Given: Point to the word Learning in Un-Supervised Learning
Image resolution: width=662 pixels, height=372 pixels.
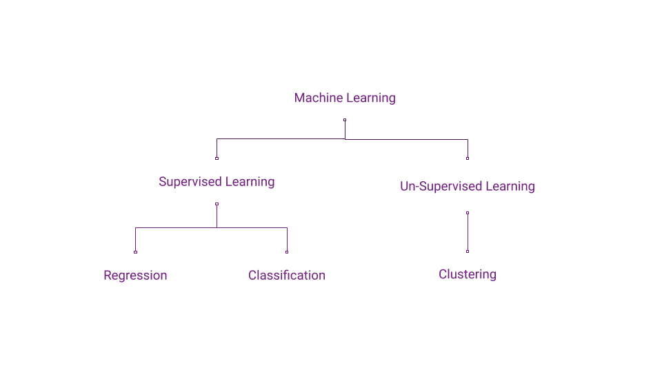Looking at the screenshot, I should click(510, 187).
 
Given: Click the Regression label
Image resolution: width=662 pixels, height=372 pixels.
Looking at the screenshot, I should click(135, 276).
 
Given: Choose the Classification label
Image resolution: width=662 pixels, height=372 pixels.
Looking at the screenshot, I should click(287, 276).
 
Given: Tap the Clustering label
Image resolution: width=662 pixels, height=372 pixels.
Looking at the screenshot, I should click(468, 274).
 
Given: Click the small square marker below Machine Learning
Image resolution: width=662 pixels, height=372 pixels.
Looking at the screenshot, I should click(345, 120).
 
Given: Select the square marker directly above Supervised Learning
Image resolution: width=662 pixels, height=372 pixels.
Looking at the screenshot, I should click(217, 158).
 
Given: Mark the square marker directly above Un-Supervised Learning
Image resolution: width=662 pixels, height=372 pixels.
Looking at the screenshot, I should click(468, 158).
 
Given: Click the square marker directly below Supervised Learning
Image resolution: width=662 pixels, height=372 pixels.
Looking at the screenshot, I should click(217, 204).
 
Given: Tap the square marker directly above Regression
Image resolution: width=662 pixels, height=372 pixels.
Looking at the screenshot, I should click(135, 252).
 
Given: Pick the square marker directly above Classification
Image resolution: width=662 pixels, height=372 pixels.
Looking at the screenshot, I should click(287, 252).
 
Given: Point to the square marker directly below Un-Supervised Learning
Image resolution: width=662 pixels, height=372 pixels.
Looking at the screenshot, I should click(468, 213).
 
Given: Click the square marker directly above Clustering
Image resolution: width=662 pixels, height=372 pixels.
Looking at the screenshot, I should click(468, 251).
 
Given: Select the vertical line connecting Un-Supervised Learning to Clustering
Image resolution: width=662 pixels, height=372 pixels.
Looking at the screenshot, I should click(468, 232).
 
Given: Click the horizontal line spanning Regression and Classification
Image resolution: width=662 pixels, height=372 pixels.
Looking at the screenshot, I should click(179, 227).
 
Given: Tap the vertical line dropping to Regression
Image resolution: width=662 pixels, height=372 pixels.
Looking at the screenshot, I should click(135, 240).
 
